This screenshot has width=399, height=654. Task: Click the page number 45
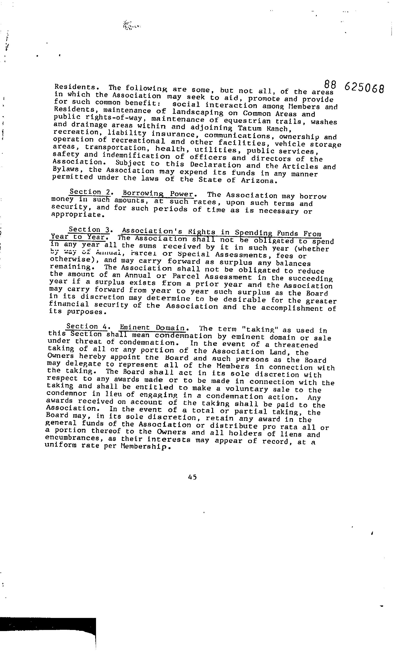[x=192, y=477]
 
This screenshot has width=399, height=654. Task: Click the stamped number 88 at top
[x=330, y=85]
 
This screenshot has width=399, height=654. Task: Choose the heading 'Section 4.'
[x=86, y=326]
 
